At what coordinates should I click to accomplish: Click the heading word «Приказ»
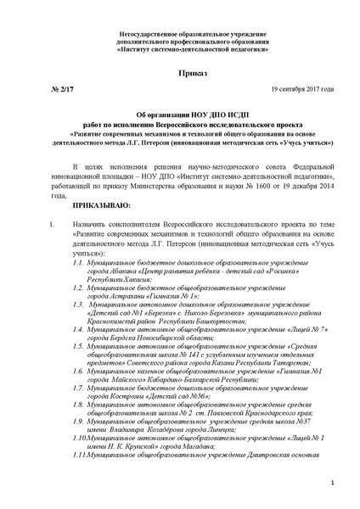click(179, 74)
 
